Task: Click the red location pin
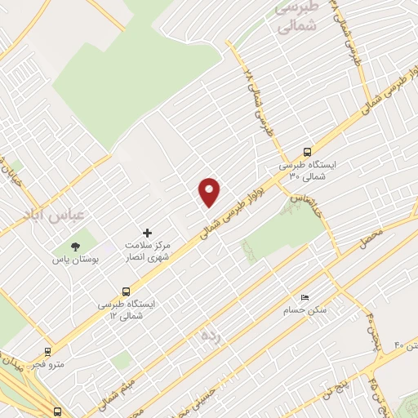coord(210,191)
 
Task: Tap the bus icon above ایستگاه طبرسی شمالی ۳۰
coord(307,152)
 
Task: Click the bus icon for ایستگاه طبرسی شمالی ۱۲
coord(126,291)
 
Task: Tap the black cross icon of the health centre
coord(147,233)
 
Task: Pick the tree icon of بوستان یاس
coord(76,245)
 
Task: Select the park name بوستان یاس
coord(75,260)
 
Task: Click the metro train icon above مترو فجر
coord(48,353)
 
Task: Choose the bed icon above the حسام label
coord(305,297)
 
